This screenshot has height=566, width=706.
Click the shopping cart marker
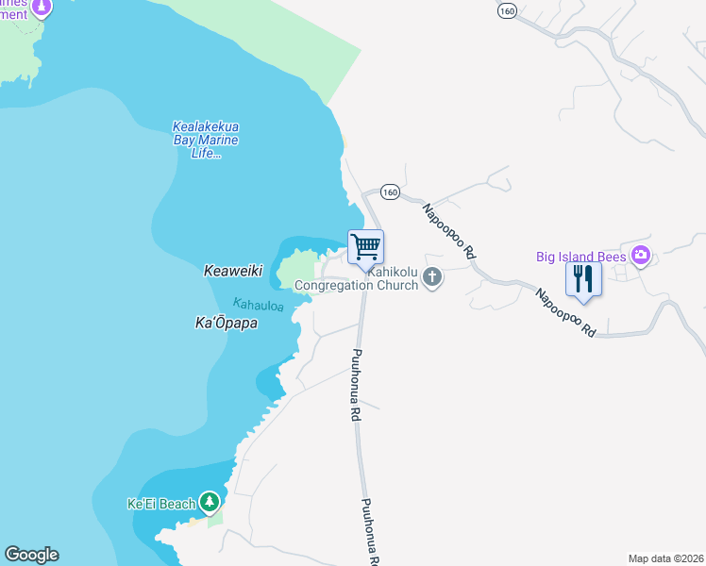(365, 248)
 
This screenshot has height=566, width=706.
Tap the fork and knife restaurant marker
(582, 279)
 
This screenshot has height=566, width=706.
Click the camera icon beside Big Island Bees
(642, 255)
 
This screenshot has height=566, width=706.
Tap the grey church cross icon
(433, 277)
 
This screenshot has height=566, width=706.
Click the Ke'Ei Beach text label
(160, 504)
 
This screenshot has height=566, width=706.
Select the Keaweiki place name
(232, 271)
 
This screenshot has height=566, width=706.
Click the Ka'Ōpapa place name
(227, 323)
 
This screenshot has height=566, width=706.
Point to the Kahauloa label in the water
(258, 304)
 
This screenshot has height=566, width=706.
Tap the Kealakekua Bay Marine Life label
(206, 140)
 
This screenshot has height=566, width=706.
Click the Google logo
(31, 555)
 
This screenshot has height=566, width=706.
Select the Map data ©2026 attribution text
(665, 558)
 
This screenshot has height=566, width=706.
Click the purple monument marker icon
(41, 8)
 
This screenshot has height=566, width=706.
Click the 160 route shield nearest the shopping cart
(390, 191)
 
